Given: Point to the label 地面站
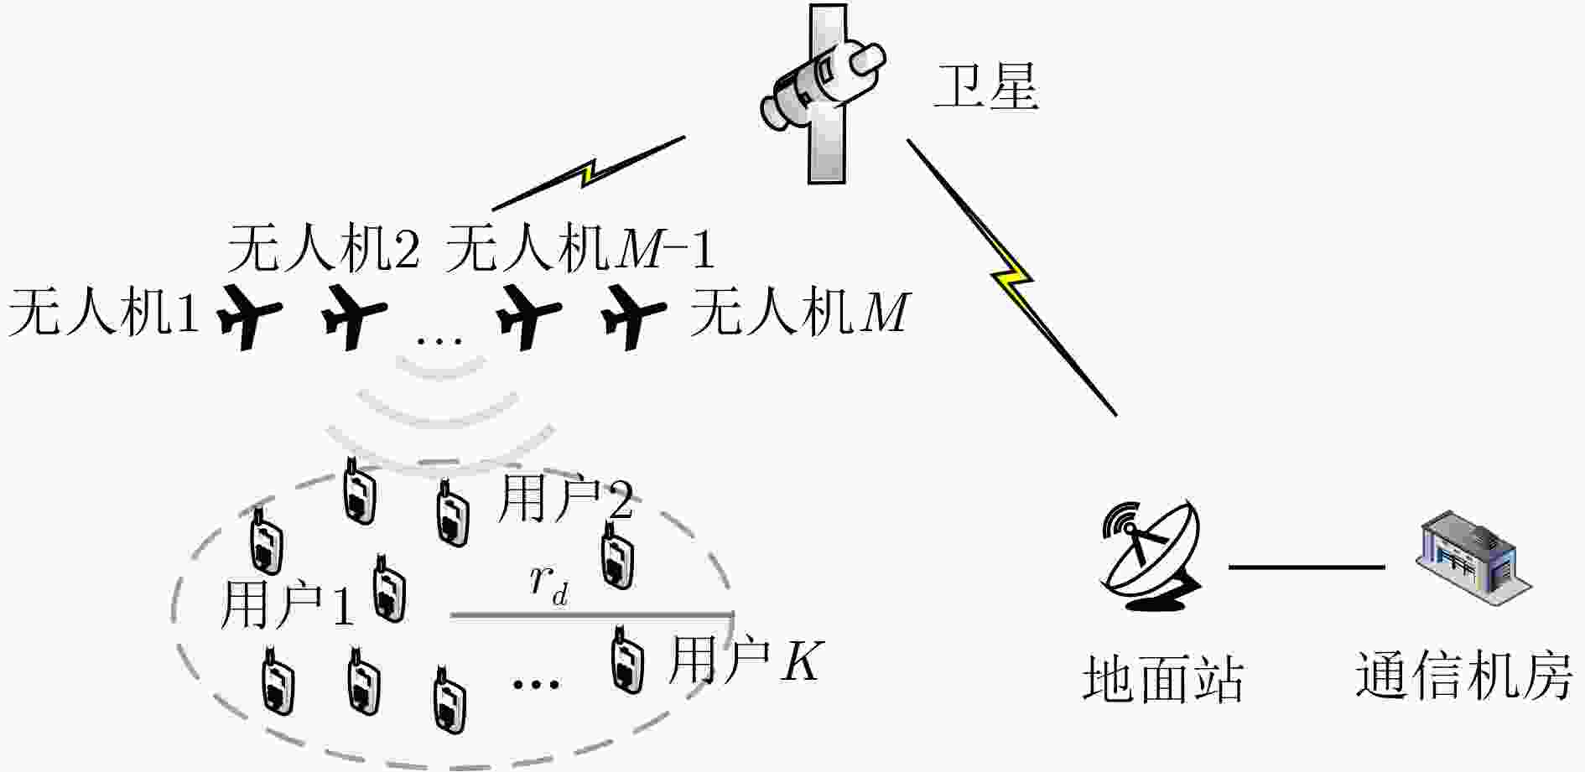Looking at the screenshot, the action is [1163, 678].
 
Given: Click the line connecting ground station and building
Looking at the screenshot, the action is [1307, 567].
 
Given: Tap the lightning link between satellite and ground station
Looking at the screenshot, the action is [1012, 277].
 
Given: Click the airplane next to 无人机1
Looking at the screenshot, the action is [249, 317].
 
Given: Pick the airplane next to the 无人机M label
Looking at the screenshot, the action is [634, 317].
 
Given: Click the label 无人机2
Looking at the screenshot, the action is [324, 249].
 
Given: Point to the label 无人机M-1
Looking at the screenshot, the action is [580, 249].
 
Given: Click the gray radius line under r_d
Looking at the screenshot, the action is [592, 615].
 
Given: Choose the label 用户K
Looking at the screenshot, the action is [746, 661].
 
